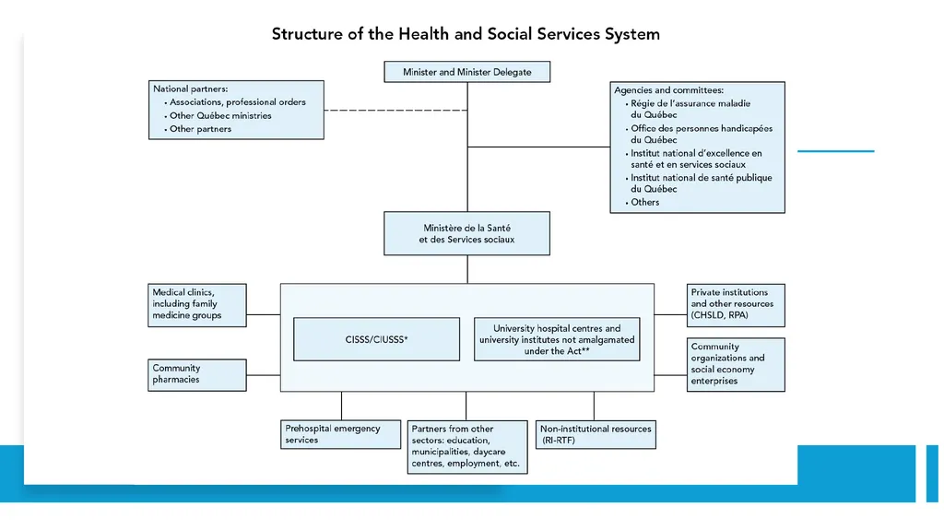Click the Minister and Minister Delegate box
466,72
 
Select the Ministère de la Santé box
466,233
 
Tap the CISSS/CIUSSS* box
376,339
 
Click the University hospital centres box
557,339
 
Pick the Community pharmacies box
197,375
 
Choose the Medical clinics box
197,305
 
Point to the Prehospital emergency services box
340,434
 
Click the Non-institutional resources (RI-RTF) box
596,434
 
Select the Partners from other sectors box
467,447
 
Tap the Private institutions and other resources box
736,305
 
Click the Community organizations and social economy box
736,364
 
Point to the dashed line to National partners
395,111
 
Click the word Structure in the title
307,34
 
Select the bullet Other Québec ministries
220,115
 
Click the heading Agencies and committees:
669,90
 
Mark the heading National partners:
190,89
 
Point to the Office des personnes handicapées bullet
702,135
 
